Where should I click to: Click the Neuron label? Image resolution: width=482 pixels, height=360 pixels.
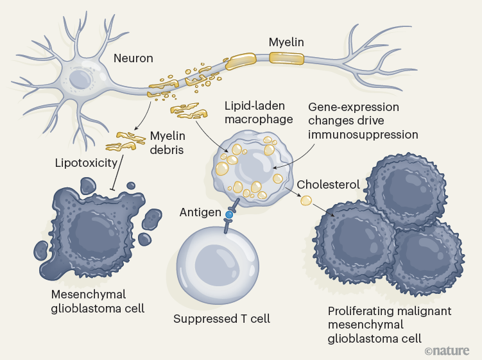[133, 58]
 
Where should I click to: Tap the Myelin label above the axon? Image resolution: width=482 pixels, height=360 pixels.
[286, 42]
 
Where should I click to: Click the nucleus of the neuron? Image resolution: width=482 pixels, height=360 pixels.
[82, 80]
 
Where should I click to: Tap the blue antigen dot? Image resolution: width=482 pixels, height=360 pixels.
[229, 213]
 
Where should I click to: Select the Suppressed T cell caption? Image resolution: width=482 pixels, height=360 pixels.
[222, 319]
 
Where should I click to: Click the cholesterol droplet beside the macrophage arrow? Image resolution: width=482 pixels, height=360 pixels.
[307, 201]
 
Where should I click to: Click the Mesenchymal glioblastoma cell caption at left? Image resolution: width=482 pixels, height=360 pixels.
[98, 301]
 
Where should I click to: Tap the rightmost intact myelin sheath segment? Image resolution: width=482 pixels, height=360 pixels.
[287, 58]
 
